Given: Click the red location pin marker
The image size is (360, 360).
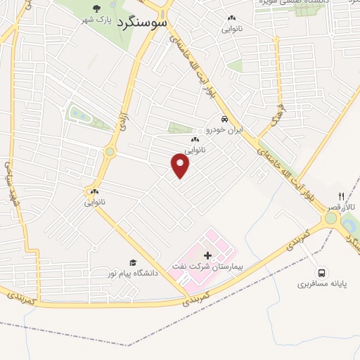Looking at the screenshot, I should pyautogui.click(x=181, y=166).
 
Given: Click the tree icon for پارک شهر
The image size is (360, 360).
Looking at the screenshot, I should pyautogui.click(x=96, y=8).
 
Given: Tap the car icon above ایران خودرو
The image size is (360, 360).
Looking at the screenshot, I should pyautogui.click(x=224, y=119).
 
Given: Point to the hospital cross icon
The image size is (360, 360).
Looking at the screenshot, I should pyautogui.click(x=207, y=254).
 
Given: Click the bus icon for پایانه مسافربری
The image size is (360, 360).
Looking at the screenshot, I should pyautogui.click(x=321, y=273).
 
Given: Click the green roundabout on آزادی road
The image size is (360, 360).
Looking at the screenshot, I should pyautogui.click(x=110, y=151).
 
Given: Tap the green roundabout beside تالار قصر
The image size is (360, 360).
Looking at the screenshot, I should pyautogui.click(x=330, y=219).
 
